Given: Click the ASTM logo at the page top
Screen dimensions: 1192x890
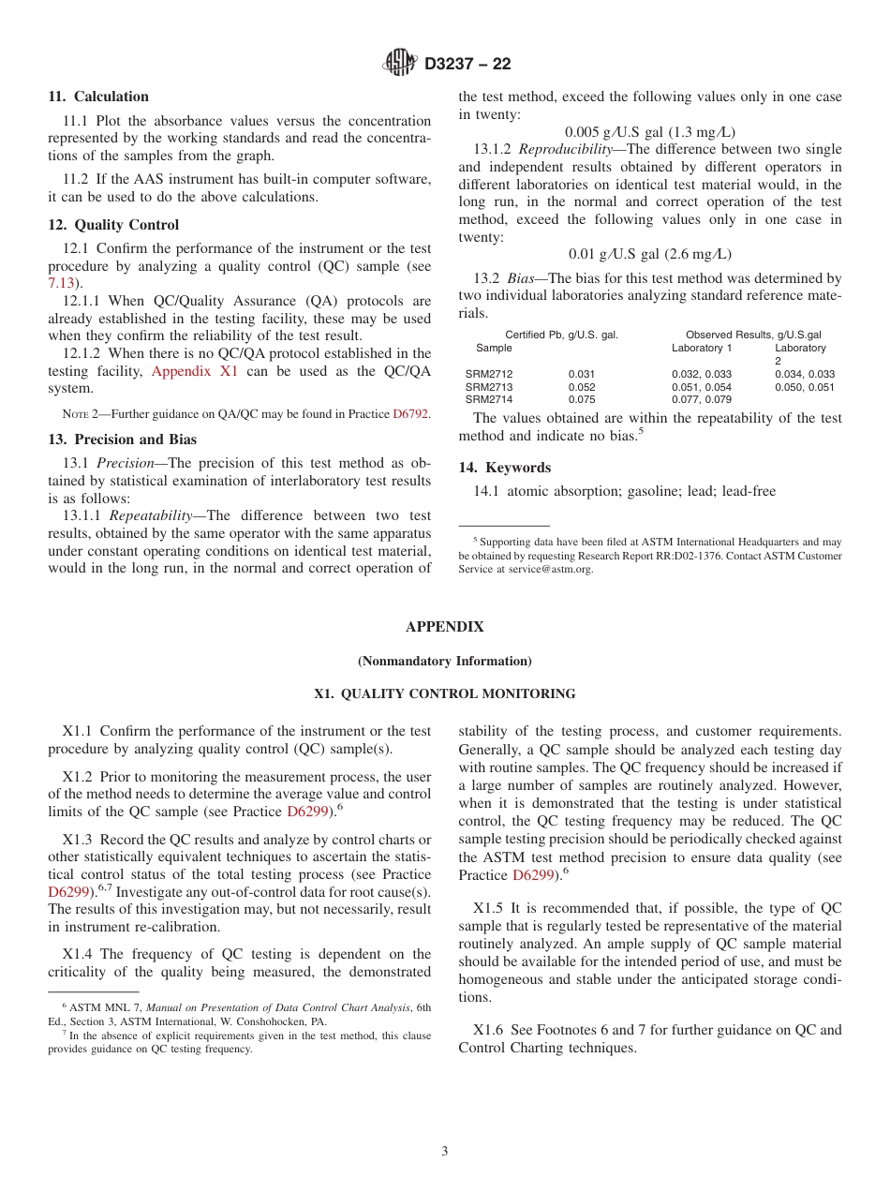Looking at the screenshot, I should pos(399,63).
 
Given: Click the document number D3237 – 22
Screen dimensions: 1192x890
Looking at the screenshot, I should pos(467,64).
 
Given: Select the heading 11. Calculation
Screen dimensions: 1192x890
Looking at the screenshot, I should pos(98,97).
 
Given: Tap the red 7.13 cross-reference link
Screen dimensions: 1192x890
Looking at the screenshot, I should pos(61,283).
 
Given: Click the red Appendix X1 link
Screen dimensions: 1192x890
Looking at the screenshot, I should pos(195,371).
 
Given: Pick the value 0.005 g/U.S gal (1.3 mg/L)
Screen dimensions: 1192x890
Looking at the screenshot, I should pos(649,131).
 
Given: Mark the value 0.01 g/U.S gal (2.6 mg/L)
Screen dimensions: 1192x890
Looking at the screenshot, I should pos(649,254).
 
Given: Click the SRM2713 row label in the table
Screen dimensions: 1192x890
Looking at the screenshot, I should pos(489,387).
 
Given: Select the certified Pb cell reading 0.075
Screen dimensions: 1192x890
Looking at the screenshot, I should pos(581,400).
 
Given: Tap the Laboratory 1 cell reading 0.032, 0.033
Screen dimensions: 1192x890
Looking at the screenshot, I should pos(701,374).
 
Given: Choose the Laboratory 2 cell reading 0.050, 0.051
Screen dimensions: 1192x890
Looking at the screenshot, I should pos(804,387).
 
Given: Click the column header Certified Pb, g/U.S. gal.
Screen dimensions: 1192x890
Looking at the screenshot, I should pos(561,335).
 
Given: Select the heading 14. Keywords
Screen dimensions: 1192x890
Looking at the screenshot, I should pos(504,468).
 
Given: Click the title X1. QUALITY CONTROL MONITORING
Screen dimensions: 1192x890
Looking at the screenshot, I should pos(444,694).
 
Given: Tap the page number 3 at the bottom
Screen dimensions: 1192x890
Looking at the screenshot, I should pos(445,1152).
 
